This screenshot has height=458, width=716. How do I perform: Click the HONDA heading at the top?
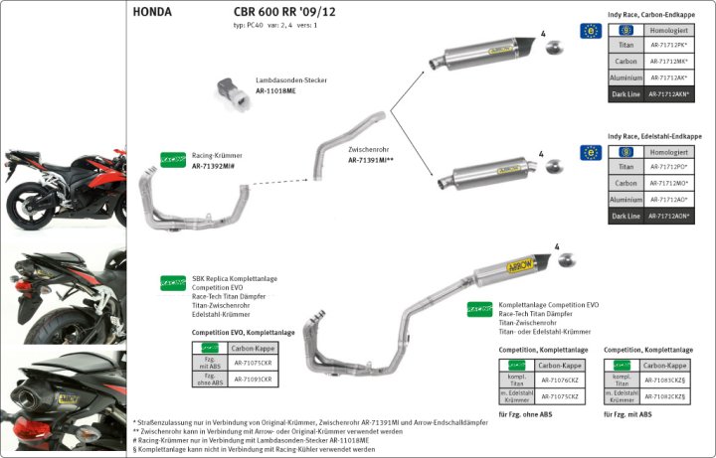coord(152,13)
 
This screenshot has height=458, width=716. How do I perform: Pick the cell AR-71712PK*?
coord(668,46)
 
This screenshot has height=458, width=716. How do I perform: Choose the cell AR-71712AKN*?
coord(668,94)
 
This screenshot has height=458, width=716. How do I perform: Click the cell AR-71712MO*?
coord(668,184)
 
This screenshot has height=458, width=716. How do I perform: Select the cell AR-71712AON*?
coord(668,216)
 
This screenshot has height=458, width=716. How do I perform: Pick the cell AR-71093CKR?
coord(254,379)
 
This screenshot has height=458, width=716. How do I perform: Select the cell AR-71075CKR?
coord(254,363)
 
